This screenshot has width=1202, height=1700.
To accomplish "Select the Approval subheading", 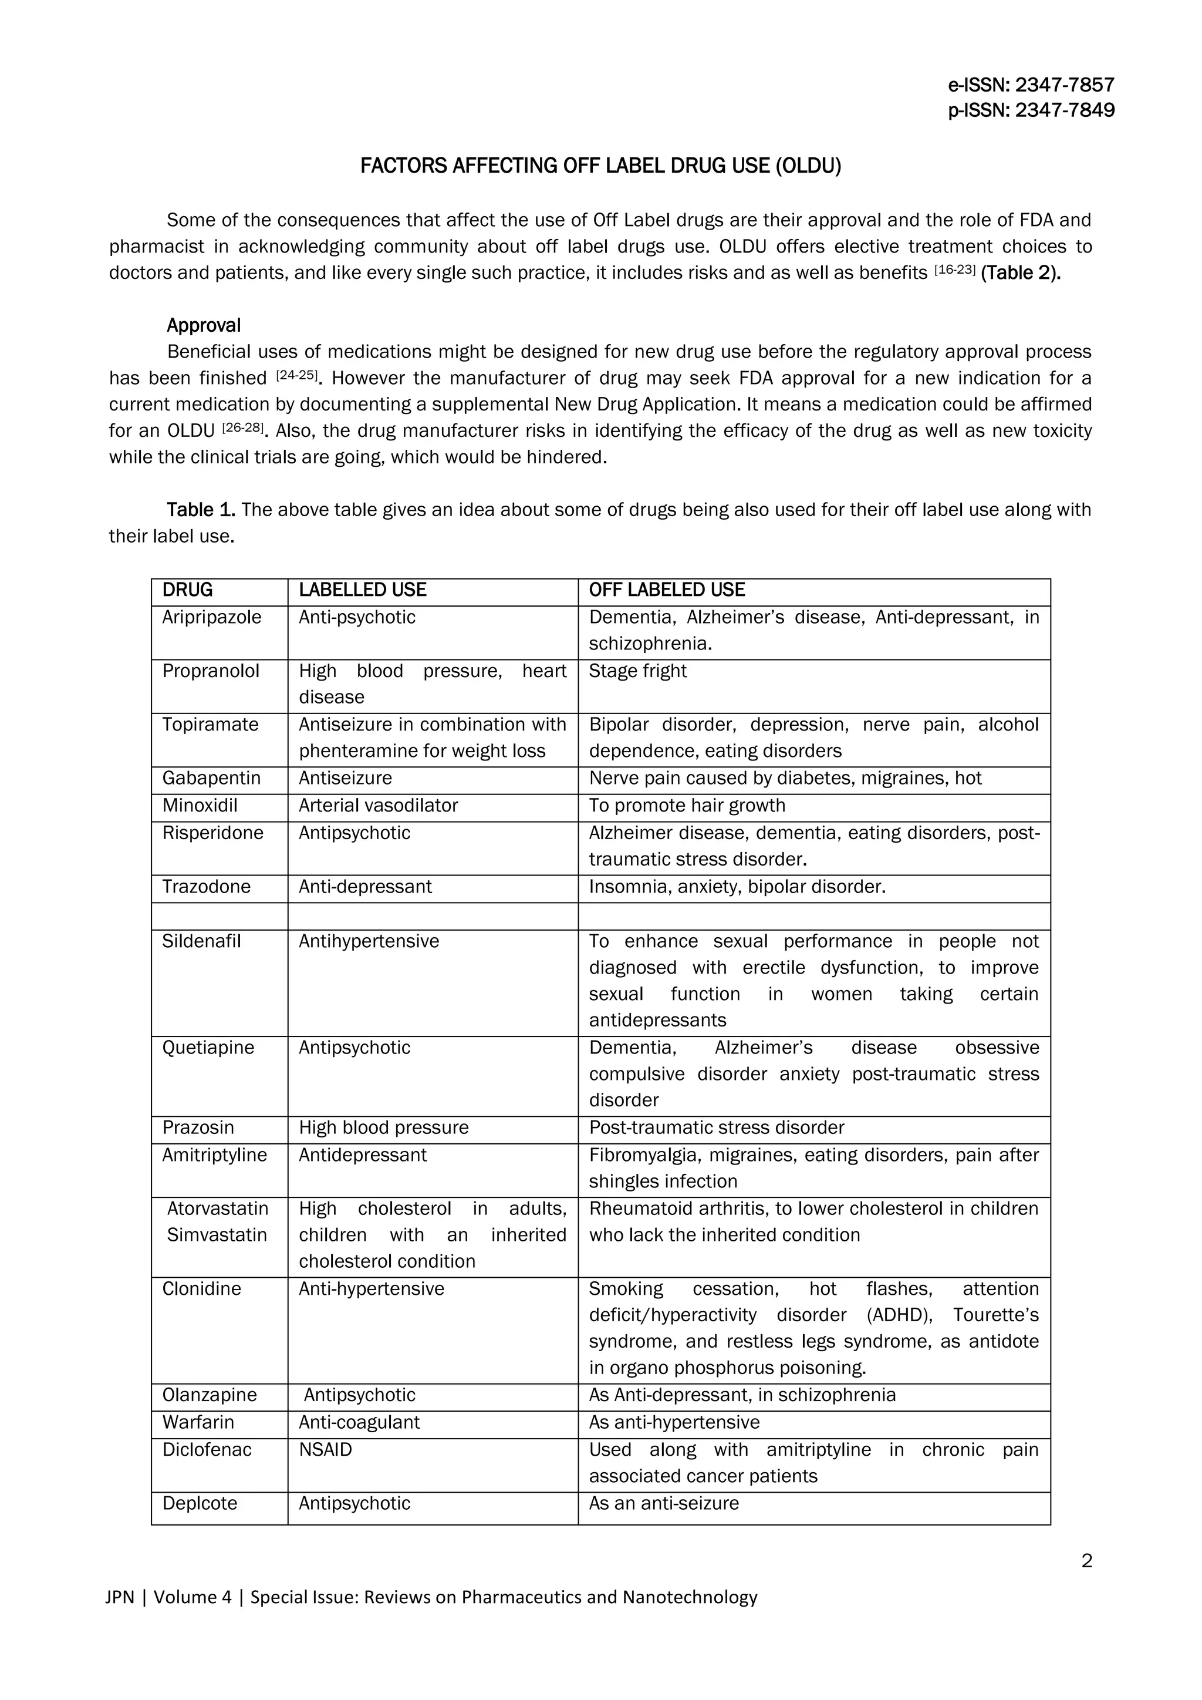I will click(204, 326).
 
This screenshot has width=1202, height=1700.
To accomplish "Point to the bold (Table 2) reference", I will click(1021, 273).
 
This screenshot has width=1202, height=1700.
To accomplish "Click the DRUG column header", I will click(187, 590).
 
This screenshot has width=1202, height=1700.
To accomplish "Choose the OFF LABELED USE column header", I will click(666, 590).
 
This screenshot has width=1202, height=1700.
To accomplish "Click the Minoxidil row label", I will click(200, 806).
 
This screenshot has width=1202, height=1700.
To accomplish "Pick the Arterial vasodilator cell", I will click(378, 806).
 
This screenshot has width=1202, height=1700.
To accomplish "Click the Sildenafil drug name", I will click(201, 942).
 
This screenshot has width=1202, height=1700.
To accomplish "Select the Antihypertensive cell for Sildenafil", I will click(369, 942).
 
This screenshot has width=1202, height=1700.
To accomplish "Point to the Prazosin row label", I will click(198, 1127).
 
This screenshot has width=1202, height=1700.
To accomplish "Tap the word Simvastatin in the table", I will click(216, 1235).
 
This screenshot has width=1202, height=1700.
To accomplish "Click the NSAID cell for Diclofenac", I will click(325, 1450).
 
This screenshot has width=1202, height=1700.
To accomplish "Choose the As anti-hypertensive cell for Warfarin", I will click(674, 1422).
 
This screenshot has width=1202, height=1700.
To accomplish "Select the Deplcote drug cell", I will click(200, 1504).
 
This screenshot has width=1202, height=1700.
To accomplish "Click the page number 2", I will click(1086, 1561).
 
